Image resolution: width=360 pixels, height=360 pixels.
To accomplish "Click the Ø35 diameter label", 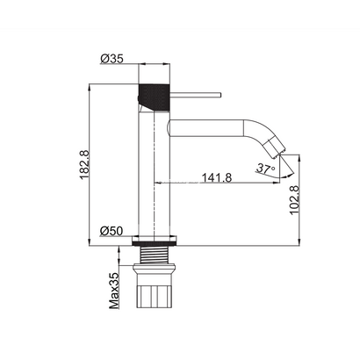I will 112,59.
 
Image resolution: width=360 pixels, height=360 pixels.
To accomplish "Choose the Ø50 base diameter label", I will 111,230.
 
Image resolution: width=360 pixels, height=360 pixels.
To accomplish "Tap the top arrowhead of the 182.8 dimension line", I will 92,87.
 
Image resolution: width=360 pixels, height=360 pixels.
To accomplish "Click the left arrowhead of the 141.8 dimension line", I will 158,182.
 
